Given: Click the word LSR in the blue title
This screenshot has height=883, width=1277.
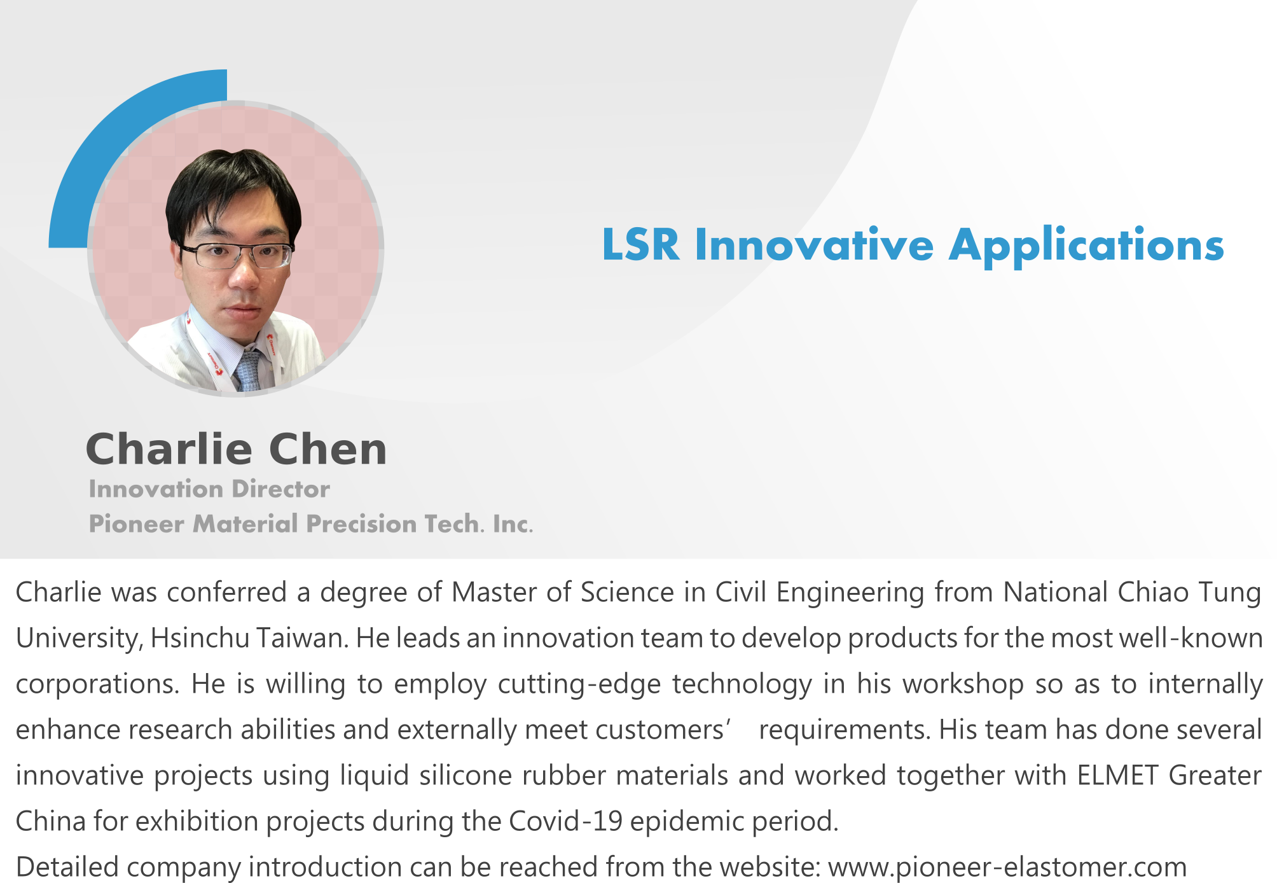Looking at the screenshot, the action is click(x=640, y=244).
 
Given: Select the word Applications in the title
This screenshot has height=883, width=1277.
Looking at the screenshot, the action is click(x=1086, y=247).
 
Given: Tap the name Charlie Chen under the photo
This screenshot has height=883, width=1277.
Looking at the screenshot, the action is click(x=237, y=449).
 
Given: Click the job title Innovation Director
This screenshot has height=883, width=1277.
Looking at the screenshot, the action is click(x=209, y=489).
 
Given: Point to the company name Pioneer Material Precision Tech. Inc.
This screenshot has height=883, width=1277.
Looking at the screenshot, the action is click(x=311, y=524).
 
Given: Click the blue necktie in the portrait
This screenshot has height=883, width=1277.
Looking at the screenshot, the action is click(x=249, y=371).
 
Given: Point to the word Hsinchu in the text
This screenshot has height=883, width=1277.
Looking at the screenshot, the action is click(x=200, y=638).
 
